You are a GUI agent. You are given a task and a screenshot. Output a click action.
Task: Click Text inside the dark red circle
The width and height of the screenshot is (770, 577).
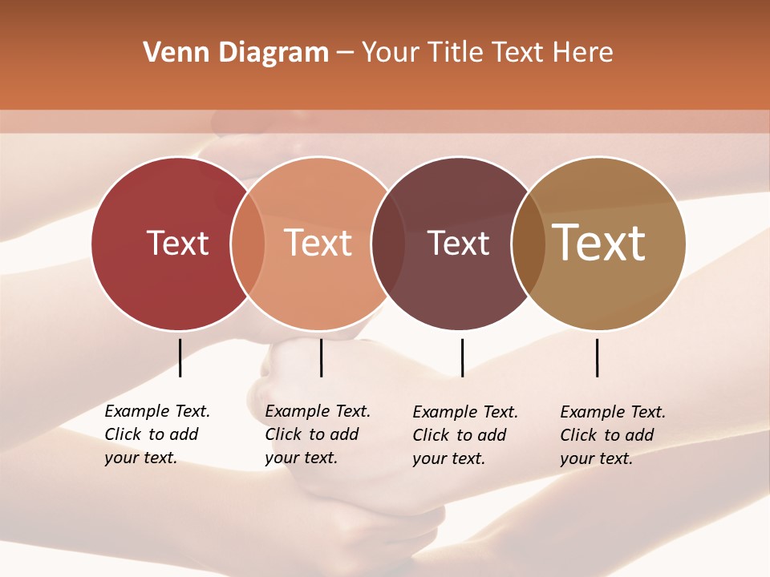click(x=177, y=243)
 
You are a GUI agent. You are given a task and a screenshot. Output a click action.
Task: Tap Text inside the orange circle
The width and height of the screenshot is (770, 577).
click(x=318, y=243)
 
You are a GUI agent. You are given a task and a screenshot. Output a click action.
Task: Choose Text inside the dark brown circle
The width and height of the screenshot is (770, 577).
click(x=458, y=243)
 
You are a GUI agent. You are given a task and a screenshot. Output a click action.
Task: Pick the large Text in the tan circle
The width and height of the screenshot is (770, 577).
click(x=599, y=242)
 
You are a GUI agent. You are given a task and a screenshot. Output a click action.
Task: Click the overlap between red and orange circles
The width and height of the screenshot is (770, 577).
click(x=248, y=243)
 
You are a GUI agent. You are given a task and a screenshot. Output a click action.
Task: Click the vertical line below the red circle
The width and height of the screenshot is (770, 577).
click(x=180, y=357)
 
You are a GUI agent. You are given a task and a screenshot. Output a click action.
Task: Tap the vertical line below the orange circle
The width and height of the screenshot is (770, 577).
click(x=321, y=357)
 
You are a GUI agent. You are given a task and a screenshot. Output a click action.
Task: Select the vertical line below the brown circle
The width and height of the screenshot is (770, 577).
click(x=462, y=357)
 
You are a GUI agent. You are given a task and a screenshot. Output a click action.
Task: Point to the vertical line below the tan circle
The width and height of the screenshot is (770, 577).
click(x=597, y=357)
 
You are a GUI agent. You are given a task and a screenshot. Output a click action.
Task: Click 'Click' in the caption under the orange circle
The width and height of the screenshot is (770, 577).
click(x=283, y=434)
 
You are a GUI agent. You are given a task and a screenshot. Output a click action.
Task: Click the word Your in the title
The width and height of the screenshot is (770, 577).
click(x=391, y=53)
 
